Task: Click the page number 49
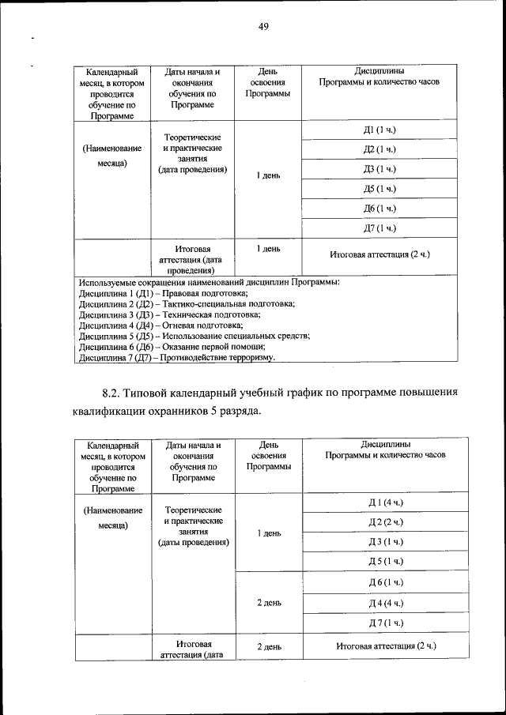(263, 27)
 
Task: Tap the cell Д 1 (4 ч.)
(386, 503)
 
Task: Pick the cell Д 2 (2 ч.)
(386, 522)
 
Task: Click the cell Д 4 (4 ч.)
(386, 603)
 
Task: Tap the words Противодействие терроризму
(217, 357)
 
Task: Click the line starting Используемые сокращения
(210, 281)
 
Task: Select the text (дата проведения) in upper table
(192, 169)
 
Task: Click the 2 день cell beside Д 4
(269, 603)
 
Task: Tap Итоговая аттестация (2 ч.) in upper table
(379, 254)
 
